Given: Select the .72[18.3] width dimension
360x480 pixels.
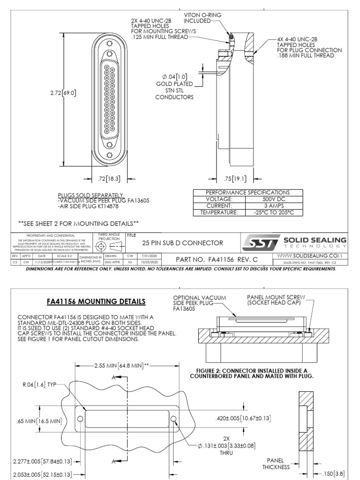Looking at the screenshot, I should tap(105, 178).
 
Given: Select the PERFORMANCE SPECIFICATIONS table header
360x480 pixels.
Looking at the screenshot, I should tap(248, 192).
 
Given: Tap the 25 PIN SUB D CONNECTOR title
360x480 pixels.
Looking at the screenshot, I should tap(183, 243).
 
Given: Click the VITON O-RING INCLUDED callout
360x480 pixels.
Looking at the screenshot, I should tap(202, 18).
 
